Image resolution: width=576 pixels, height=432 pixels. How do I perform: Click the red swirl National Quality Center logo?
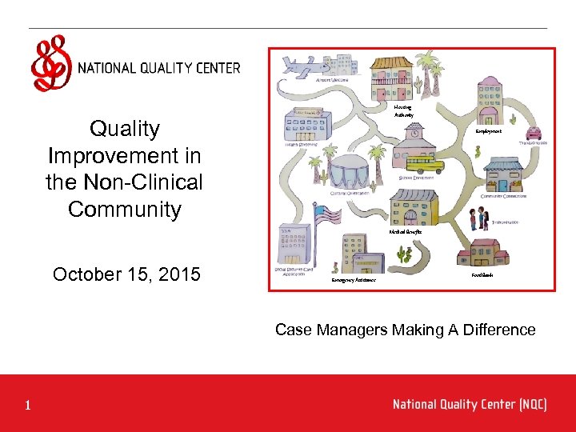click(50, 62)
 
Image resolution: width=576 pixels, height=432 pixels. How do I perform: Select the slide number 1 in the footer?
click(27, 406)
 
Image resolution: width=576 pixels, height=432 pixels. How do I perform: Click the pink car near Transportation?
click(533, 133)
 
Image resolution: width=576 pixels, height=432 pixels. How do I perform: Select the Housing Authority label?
click(403, 111)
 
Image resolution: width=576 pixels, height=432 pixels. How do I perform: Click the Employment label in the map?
click(488, 131)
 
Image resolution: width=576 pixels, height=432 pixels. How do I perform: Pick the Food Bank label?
click(482, 274)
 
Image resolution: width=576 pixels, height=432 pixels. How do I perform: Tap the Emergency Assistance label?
click(354, 281)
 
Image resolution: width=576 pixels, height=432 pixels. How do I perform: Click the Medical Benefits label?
click(406, 231)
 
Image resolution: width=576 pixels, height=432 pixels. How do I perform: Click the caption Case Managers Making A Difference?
click(405, 330)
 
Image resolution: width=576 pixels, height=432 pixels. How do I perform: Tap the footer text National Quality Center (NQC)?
click(470, 404)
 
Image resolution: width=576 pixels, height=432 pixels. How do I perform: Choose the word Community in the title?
click(125, 210)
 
